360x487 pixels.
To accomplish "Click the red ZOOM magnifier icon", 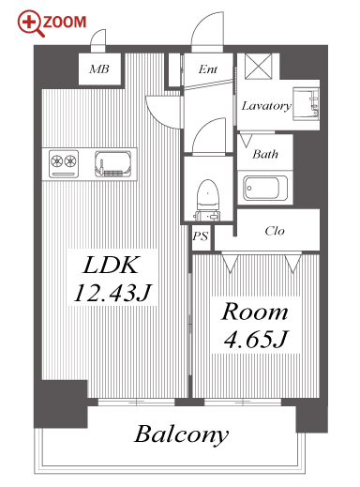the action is coord(31,23).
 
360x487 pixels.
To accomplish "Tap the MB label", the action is coord(99,68).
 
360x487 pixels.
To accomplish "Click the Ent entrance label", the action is coord(208,69).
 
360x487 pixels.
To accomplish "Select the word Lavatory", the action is coord(266,106).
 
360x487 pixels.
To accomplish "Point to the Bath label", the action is coord(265,154).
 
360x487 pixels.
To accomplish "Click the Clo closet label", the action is coord(275,231).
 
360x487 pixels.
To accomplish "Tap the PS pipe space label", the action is coord(201,236).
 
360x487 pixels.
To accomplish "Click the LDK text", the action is coord(111,266).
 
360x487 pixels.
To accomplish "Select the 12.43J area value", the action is coord(112,293).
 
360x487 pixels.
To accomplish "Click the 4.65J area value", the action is coord(255,339).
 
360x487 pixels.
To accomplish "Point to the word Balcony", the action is coord(182,434).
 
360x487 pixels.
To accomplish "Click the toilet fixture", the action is coord(207,200).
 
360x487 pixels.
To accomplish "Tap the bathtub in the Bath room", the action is coord(265,189).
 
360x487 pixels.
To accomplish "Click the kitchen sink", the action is coord(113,164).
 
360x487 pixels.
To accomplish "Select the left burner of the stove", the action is coord(56,161).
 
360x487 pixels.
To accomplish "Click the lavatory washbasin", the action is coord(306,104).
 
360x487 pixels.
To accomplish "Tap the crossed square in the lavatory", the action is coord(259,67).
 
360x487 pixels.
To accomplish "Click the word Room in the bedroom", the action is coord(254,312).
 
